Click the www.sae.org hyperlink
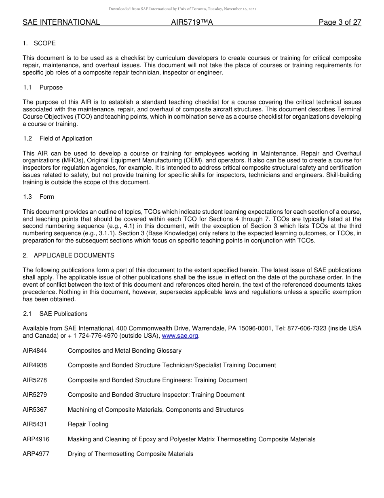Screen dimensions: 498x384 tap(180, 336)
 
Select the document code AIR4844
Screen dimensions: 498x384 tap(35, 351)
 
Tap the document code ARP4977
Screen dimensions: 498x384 tap(36, 454)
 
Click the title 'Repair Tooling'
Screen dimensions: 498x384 tap(88, 424)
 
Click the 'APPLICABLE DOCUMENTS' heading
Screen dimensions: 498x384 tap(74, 255)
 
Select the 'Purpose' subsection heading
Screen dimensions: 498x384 tap(51, 87)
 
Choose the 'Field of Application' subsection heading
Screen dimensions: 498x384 tap(66, 138)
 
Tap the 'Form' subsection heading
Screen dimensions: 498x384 tap(46, 197)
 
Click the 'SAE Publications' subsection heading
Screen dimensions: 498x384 tap(63, 314)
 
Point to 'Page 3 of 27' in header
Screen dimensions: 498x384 tap(340, 22)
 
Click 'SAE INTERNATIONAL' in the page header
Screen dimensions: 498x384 tap(61, 22)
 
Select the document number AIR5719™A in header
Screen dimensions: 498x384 tap(192, 22)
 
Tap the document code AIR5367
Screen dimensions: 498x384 tap(35, 410)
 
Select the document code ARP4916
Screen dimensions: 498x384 tap(36, 439)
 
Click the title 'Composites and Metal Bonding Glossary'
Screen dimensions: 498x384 tap(124, 351)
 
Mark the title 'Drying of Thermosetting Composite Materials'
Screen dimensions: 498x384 tap(131, 454)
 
